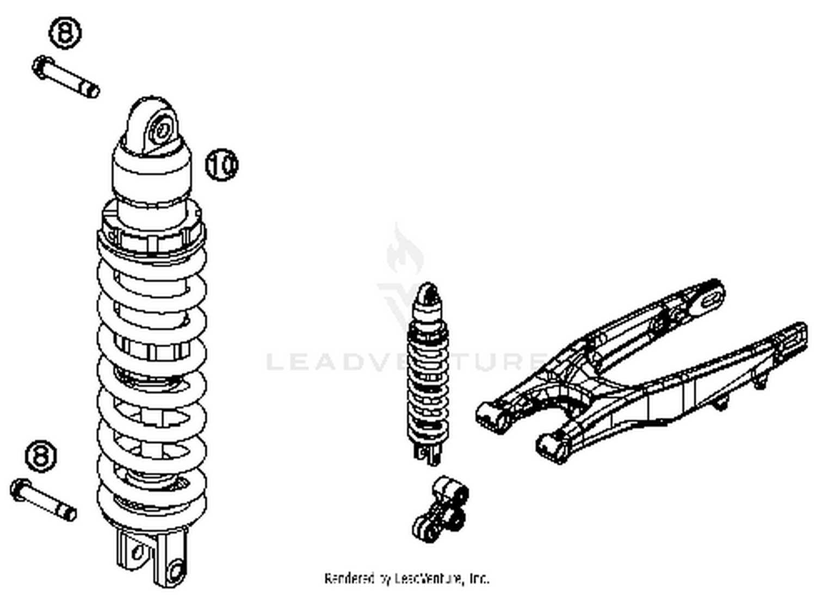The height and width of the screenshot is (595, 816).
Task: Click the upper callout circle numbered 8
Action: tap(65, 33)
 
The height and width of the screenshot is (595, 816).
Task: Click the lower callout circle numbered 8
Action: tap(41, 455)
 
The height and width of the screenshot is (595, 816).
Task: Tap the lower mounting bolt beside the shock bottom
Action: tap(44, 499)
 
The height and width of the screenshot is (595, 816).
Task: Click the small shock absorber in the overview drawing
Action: tap(428, 375)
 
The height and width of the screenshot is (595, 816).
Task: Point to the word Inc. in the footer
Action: tap(478, 579)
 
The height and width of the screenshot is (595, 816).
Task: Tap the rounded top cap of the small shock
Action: tap(426, 293)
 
